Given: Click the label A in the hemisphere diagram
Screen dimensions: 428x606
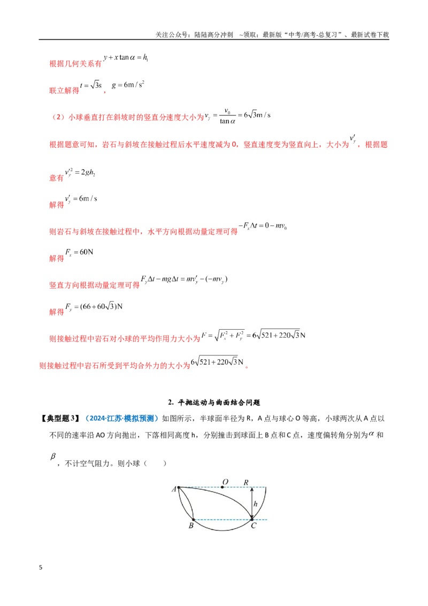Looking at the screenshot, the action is pyautogui.click(x=174, y=489).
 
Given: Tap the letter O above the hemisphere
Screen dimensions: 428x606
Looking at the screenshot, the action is pyautogui.click(x=225, y=482).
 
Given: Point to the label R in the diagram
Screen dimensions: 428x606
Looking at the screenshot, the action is pyautogui.click(x=246, y=482).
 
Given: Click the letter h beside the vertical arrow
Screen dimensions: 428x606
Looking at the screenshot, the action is pyautogui.click(x=255, y=504).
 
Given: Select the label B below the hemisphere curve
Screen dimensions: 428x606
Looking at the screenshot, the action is pyautogui.click(x=191, y=526).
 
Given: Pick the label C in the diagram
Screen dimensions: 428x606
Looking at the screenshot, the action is pyautogui.click(x=254, y=526).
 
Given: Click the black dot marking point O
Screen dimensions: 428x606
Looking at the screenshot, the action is pyautogui.click(x=223, y=487).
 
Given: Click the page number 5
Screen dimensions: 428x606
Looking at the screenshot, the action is pyautogui.click(x=41, y=567).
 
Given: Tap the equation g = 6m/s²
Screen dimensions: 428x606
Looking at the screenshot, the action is pyautogui.click(x=128, y=84).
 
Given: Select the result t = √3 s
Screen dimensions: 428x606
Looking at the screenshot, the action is pyautogui.click(x=91, y=85).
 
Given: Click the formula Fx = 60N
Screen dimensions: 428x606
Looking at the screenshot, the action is pyautogui.click(x=79, y=252).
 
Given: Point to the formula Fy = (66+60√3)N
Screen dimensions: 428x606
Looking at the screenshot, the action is pyautogui.click(x=94, y=306).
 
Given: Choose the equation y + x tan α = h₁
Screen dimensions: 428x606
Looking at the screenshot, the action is pyautogui.click(x=126, y=57).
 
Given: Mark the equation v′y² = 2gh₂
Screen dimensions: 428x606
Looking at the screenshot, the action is pyautogui.click(x=80, y=172).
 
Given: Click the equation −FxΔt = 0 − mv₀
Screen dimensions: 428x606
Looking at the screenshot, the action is pyautogui.click(x=263, y=225).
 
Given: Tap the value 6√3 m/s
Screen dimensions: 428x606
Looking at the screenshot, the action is pyautogui.click(x=257, y=115).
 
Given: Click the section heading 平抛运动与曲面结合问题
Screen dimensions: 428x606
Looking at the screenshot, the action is pyautogui.click(x=219, y=403).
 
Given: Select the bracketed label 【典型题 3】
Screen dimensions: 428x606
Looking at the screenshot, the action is pyautogui.click(x=60, y=418).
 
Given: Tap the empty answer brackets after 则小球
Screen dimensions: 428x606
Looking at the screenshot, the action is pyautogui.click(x=155, y=463).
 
